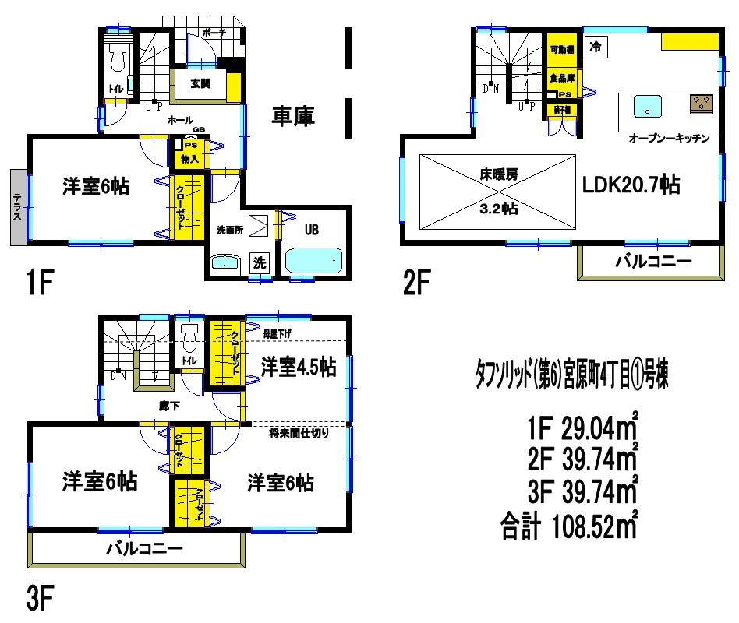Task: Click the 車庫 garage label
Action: (x=293, y=117)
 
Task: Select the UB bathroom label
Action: (x=311, y=230)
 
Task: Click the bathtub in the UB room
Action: (x=313, y=260)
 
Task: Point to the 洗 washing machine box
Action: (x=258, y=263)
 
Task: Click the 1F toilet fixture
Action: (x=119, y=55)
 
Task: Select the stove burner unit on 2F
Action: (x=701, y=104)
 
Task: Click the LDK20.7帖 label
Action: (x=631, y=185)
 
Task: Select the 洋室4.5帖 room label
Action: (x=299, y=366)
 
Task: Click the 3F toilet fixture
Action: (x=189, y=337)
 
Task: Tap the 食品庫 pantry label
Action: (x=561, y=78)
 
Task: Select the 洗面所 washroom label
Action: (x=232, y=230)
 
